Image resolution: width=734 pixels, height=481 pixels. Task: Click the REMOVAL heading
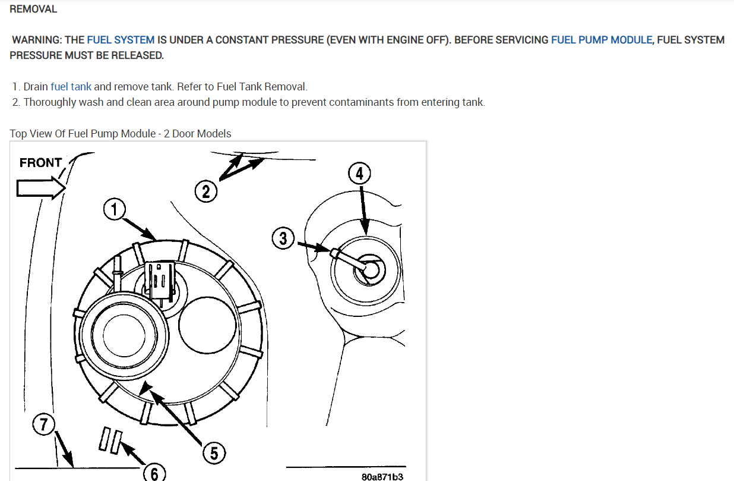[33, 9]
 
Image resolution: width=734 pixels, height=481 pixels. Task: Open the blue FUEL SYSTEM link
[121, 40]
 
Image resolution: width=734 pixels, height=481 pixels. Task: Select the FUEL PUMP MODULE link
[602, 40]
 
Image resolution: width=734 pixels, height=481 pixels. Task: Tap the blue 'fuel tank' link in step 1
[71, 87]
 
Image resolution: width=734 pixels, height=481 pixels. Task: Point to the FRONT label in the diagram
[40, 162]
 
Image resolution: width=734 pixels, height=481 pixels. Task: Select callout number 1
[113, 209]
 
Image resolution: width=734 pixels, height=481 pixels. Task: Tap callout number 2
[205, 191]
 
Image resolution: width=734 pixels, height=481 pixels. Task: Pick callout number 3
[283, 238]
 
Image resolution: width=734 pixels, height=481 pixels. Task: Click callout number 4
[359, 174]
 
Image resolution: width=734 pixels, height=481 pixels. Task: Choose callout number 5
[214, 453]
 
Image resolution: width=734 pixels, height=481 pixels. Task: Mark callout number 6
[154, 473]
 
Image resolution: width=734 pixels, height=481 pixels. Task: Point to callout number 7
[43, 425]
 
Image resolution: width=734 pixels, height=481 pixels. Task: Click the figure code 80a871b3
[382, 476]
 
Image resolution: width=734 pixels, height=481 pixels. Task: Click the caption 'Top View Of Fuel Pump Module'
[84, 133]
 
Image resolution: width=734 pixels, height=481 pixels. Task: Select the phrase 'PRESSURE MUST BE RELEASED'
[86, 55]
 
